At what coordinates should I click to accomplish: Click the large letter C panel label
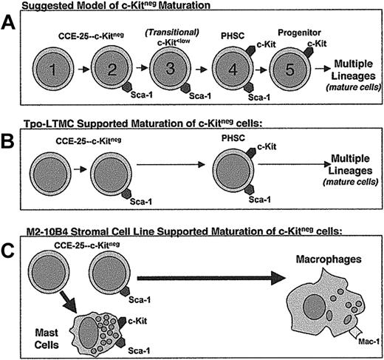(10, 250)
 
